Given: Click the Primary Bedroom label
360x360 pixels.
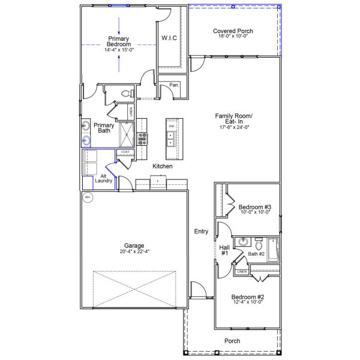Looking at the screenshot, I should pyautogui.click(x=118, y=41).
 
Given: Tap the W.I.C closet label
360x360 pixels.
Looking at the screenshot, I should pyautogui.click(x=169, y=38).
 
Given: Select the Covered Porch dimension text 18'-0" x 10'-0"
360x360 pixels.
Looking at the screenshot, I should pyautogui.click(x=233, y=37).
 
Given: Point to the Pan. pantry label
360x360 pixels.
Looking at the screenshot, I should pyautogui.click(x=174, y=85).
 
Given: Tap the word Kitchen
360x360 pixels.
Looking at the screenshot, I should pyautogui.click(x=162, y=166).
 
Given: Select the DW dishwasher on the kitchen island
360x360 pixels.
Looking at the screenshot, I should pyautogui.click(x=171, y=126).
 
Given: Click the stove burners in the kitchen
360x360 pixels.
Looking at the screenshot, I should pyautogui.click(x=143, y=139).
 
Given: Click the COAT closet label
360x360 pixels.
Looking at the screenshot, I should pyautogui.click(x=125, y=152).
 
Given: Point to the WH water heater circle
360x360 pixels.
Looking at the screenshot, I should pyautogui.click(x=88, y=197).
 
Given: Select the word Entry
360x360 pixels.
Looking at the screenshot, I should pyautogui.click(x=201, y=232).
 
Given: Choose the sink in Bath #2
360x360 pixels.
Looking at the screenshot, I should pyautogui.click(x=243, y=242).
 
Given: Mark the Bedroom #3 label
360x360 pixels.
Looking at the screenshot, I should pyautogui.click(x=255, y=207).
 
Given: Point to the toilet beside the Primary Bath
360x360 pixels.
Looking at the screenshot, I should pyautogui.click(x=125, y=94).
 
